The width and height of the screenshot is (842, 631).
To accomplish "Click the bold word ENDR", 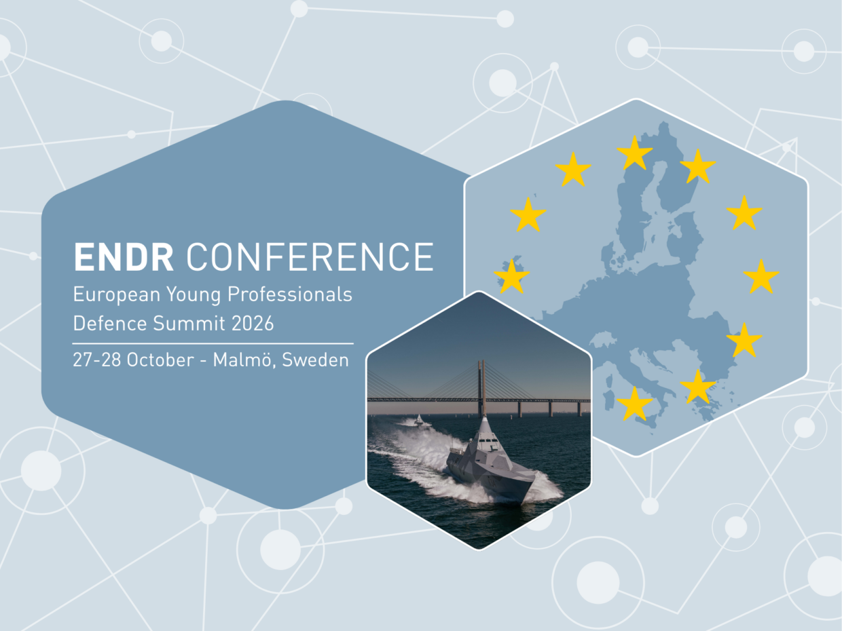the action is click(x=124, y=256).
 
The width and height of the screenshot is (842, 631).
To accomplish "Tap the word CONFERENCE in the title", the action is click(x=310, y=256).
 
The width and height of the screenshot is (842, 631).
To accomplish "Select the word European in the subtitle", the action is click(x=117, y=295).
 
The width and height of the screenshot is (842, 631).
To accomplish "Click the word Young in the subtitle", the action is click(x=194, y=295).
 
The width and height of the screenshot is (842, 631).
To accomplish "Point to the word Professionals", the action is click(x=290, y=294).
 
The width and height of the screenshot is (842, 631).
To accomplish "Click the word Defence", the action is click(x=110, y=323).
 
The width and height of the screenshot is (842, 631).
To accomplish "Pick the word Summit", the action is click(x=189, y=323).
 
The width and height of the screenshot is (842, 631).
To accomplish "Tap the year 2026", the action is click(x=253, y=323).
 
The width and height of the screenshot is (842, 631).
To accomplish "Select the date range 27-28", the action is click(x=96, y=360).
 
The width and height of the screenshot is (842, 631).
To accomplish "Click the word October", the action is click(x=160, y=360).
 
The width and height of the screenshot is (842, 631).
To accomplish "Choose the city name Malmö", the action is click(x=244, y=360).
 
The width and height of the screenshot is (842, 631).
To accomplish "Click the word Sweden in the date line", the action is click(x=315, y=360).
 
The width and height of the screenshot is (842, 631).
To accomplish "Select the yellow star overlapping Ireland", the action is click(x=512, y=277).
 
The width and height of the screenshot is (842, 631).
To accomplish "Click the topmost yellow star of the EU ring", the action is click(x=634, y=153).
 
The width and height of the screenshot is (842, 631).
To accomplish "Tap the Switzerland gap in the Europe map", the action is click(x=602, y=339).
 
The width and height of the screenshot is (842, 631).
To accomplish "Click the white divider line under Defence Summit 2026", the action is click(x=213, y=344).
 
